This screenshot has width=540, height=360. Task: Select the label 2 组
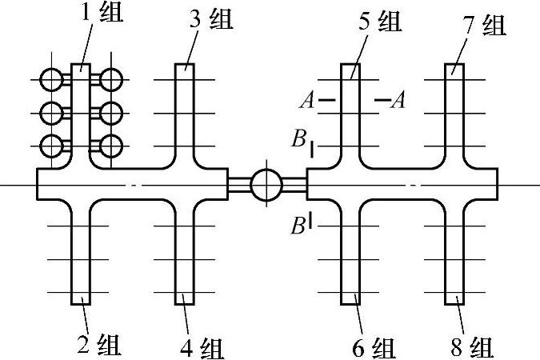pos(97,346)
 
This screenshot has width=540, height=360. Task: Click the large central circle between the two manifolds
pos(266,185)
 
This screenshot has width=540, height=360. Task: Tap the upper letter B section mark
pos(298,141)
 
